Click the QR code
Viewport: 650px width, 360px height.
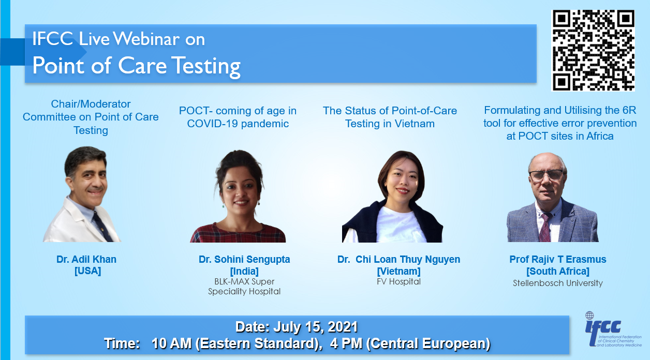(x=593, y=50)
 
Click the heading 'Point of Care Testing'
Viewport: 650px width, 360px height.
(x=137, y=66)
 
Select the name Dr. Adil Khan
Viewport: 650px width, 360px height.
(x=86, y=259)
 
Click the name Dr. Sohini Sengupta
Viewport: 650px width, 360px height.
(x=244, y=259)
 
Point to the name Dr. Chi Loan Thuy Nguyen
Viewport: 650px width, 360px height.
(x=398, y=259)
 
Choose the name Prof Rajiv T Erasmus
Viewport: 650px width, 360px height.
(x=558, y=259)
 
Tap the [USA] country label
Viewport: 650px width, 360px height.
(x=87, y=271)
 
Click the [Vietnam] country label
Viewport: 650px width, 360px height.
(x=398, y=271)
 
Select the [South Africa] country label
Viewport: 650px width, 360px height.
(x=558, y=271)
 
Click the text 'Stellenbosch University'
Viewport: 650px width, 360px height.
(x=558, y=283)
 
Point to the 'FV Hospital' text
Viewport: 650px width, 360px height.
(x=398, y=281)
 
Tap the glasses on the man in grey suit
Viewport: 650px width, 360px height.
(x=546, y=175)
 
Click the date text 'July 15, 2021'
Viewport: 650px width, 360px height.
(x=315, y=327)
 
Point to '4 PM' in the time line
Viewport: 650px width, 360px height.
(x=346, y=343)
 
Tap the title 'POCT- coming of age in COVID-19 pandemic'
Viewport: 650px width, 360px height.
(x=238, y=117)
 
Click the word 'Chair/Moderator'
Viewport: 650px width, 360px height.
(x=91, y=104)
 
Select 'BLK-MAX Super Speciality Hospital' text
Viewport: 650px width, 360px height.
(x=244, y=287)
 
